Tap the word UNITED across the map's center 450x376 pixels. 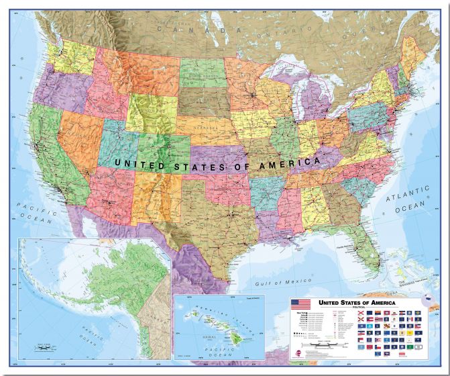pyautogui.click(x=137, y=162)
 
